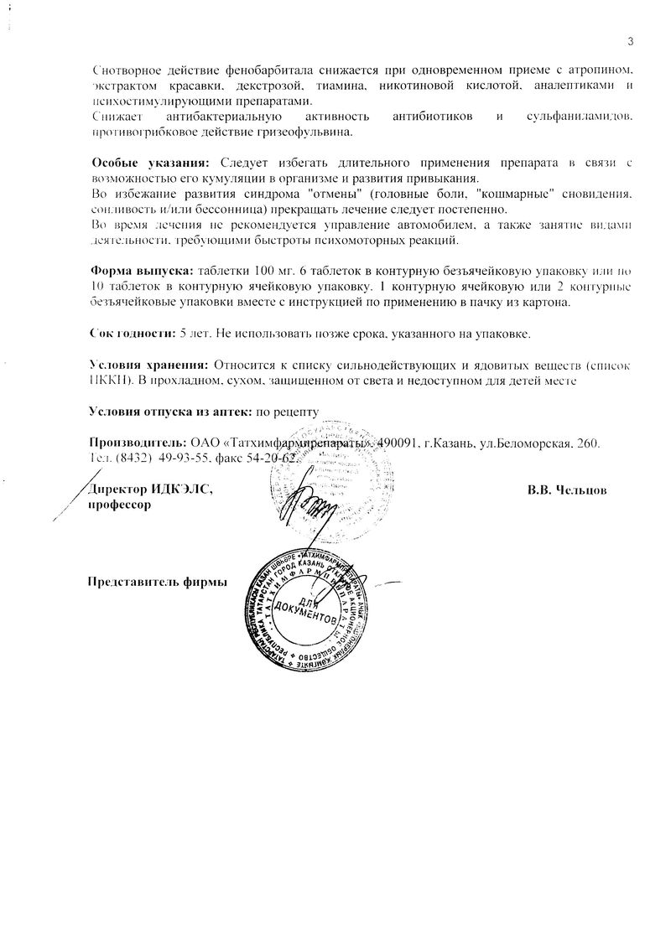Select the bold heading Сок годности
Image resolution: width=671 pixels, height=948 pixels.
tap(131, 333)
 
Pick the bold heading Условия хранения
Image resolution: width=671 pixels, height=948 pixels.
tap(148, 365)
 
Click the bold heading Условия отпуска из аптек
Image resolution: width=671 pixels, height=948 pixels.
tap(170, 411)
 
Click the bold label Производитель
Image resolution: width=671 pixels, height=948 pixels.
tap(136, 442)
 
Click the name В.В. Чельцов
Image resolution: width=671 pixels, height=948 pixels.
tap(567, 490)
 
